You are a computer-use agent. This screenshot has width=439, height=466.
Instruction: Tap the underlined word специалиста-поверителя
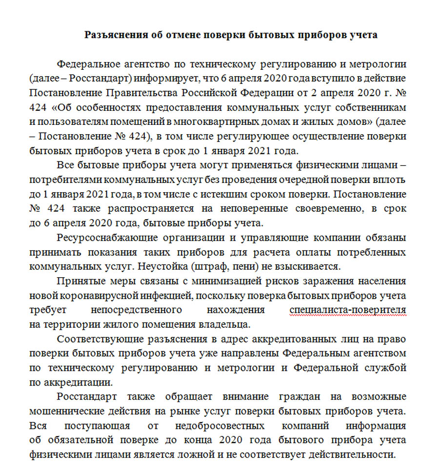(347, 310)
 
